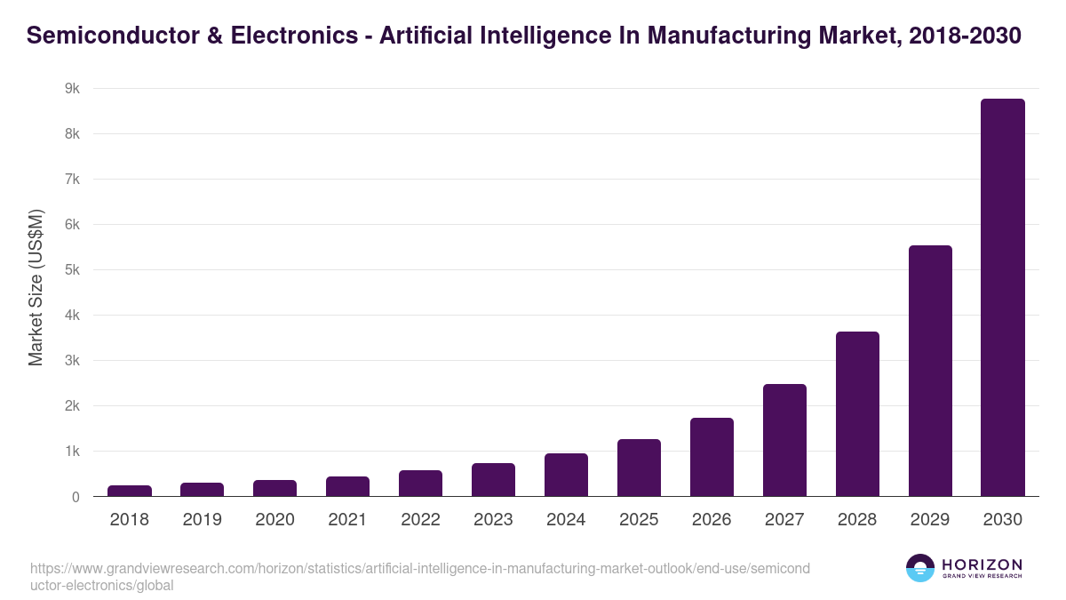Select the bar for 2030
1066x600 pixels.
pos(1002,298)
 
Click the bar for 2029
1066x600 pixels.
pos(929,371)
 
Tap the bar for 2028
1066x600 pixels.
pos(857,414)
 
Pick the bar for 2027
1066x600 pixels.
pos(784,440)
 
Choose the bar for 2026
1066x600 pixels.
pos(712,457)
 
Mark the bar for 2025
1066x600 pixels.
pos(639,468)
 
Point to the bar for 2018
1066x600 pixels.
pos(130,491)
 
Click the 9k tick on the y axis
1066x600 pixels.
pos(72,89)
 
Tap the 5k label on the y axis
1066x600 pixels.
pos(72,270)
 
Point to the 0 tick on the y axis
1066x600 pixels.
pos(76,497)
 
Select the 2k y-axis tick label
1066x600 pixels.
pos(72,406)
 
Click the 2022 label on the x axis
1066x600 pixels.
pos(420,520)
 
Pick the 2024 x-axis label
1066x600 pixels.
pos(566,520)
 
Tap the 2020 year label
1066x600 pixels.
pos(274,520)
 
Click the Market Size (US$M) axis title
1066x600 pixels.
pos(36,287)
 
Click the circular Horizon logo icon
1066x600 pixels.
pos(920,568)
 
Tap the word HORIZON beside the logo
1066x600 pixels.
pos(982,564)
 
